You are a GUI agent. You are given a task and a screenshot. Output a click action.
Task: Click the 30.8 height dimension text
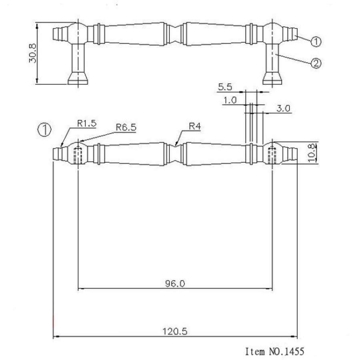[x=33, y=53]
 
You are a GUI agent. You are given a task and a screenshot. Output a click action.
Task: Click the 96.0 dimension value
[x=175, y=284]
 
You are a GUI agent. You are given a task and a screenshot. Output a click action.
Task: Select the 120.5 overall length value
[x=175, y=331]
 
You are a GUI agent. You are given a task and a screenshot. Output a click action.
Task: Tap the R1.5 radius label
[x=87, y=124]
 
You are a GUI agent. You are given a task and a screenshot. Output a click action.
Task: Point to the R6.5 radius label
[x=126, y=127]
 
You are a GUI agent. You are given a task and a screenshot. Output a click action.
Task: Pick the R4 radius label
[x=194, y=127]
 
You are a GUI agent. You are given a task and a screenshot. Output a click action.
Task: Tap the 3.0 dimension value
[x=283, y=108]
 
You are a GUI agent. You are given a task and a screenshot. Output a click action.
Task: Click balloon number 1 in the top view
[x=316, y=41]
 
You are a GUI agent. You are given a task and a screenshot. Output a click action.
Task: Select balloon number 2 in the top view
[x=316, y=63]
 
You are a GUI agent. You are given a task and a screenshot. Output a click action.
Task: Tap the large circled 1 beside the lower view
[x=45, y=129]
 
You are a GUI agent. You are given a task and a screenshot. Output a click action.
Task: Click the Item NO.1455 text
[x=274, y=351]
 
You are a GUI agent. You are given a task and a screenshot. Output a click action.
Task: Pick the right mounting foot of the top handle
[x=272, y=78]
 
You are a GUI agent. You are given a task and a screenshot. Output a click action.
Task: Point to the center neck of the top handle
[x=175, y=34]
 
